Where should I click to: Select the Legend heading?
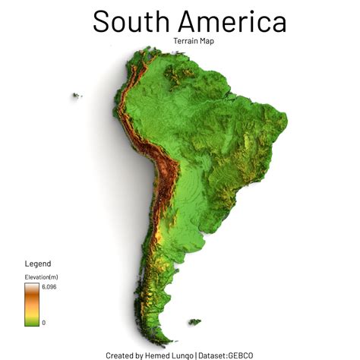point(38,264)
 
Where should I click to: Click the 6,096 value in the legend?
point(49,287)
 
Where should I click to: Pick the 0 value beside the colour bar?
point(43,323)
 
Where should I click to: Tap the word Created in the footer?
point(120,355)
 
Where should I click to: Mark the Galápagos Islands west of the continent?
point(76,96)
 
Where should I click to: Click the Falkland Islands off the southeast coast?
point(194,323)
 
